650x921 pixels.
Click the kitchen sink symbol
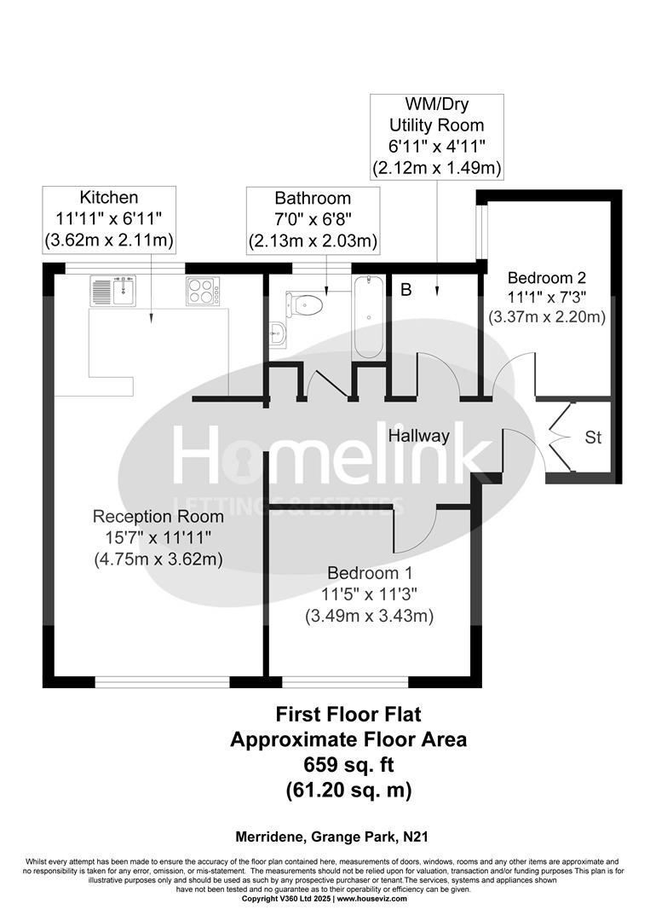click(113, 291)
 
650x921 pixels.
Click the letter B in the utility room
click(406, 291)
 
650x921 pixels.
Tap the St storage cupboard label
click(593, 437)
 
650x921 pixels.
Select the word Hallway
click(419, 436)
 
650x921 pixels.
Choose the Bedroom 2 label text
click(546, 278)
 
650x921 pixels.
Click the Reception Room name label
click(158, 516)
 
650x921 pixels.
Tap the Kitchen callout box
click(109, 219)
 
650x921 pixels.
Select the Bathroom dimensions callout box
click(313, 220)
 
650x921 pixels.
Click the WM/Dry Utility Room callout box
click(437, 136)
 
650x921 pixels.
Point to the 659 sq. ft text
click(348, 764)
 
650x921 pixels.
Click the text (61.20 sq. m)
click(348, 791)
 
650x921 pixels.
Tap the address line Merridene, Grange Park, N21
click(325, 838)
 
